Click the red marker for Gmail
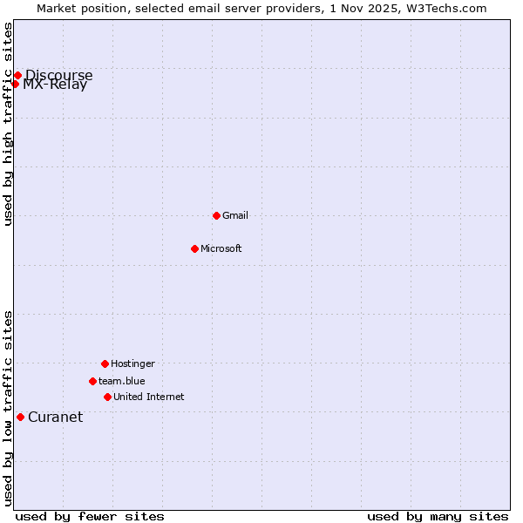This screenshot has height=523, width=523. (x=216, y=215)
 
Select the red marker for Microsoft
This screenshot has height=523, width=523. (x=194, y=248)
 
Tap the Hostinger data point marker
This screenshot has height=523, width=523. (x=105, y=363)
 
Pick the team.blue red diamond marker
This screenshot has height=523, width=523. (x=92, y=381)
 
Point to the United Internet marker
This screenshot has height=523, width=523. (x=107, y=397)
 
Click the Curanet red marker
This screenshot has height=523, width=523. (x=20, y=417)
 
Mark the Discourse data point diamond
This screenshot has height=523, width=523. (x=17, y=75)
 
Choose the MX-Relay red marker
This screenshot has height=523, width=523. (x=15, y=84)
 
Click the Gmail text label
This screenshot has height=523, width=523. (x=235, y=215)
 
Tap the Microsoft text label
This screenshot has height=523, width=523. (x=221, y=248)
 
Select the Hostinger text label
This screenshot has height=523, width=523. (x=132, y=363)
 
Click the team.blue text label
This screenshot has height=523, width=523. (x=122, y=381)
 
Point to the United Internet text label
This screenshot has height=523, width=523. (x=149, y=397)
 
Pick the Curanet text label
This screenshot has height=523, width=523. (x=56, y=417)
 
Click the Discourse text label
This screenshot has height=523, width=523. (x=59, y=75)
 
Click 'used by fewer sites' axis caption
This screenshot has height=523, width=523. (x=90, y=516)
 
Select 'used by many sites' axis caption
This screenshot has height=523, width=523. (x=438, y=516)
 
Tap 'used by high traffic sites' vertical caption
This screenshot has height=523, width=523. (x=8, y=124)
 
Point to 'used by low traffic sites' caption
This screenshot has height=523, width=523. (x=8, y=408)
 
